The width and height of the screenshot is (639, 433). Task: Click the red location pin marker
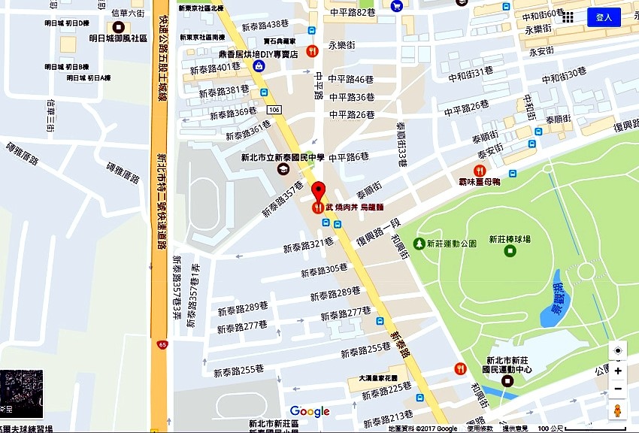(319, 189)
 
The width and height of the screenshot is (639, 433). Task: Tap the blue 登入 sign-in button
(604, 17)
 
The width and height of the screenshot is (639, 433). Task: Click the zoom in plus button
(618, 371)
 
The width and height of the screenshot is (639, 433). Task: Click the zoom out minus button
(618, 389)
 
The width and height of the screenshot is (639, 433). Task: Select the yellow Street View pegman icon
(618, 410)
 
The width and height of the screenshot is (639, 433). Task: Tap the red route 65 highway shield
(162, 344)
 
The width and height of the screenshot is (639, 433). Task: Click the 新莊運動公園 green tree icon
(419, 244)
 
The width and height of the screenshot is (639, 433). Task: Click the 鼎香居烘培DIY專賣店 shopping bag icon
(259, 65)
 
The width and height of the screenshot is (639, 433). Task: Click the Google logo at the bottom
(310, 411)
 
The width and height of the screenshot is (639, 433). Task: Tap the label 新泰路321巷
(307, 246)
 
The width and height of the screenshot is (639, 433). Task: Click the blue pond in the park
(556, 298)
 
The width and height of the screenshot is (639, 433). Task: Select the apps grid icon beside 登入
(568, 17)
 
